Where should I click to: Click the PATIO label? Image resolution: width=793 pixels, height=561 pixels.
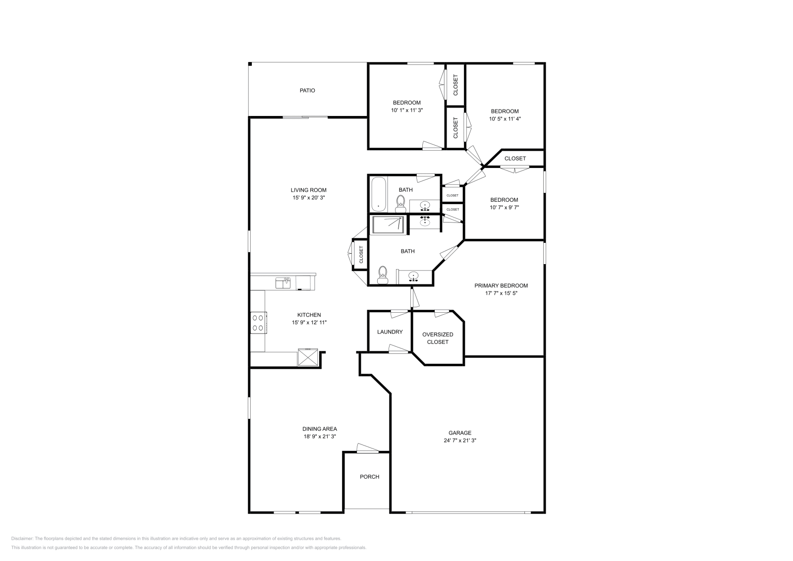[x=307, y=91]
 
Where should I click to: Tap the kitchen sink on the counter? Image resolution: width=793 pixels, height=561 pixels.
[x=283, y=283]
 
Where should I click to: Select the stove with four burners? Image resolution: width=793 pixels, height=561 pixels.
[x=258, y=323]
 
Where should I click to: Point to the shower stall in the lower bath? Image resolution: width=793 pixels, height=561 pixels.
[x=389, y=224]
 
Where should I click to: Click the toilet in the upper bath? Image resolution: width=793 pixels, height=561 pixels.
[x=400, y=203]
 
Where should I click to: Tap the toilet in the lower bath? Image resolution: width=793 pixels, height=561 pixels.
[x=382, y=275]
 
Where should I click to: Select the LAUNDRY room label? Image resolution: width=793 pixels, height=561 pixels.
[x=390, y=332]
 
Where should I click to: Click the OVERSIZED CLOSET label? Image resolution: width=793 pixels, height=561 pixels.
[x=438, y=338]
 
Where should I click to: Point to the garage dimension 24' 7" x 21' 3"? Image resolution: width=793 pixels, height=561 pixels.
[x=460, y=440]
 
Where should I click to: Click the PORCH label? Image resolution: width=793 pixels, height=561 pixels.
[x=369, y=477]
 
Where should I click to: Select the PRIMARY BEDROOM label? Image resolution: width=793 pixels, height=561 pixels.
[x=501, y=285]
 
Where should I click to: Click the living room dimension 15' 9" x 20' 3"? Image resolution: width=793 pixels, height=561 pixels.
[x=308, y=198]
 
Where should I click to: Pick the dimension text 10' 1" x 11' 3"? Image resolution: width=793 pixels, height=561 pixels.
[x=406, y=111]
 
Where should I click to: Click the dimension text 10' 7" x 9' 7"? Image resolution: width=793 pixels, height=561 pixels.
[x=504, y=208]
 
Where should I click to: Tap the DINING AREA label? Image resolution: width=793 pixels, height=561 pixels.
[x=320, y=429]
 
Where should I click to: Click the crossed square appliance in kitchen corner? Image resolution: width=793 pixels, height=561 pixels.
[x=307, y=357]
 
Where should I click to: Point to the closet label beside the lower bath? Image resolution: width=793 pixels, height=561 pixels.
[x=361, y=255]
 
